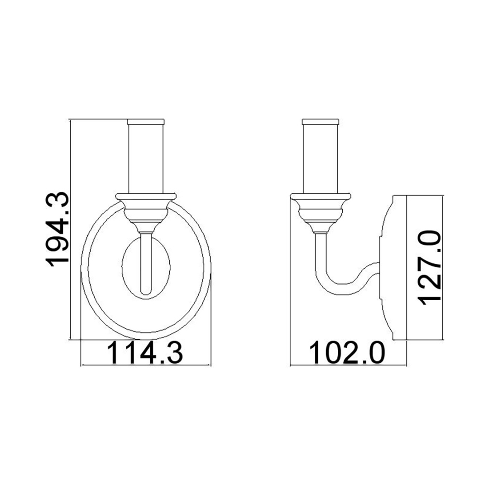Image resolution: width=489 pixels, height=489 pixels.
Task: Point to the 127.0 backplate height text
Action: coord(429,267)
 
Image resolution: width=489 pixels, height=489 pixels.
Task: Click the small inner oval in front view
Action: coord(123,267)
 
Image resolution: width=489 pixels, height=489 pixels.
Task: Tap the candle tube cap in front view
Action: coord(146,121)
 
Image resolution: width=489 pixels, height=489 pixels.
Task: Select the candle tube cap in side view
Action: coord(321,121)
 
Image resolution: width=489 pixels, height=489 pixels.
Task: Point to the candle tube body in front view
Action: coord(146,158)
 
